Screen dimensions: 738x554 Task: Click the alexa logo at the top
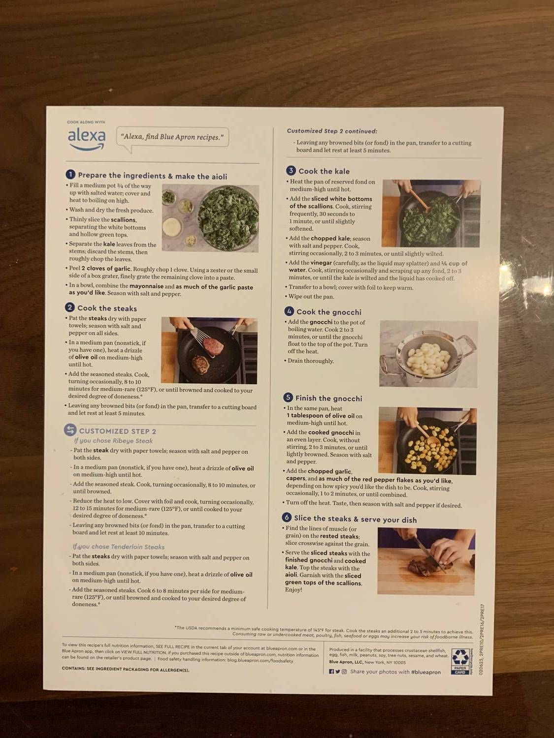(x=86, y=138)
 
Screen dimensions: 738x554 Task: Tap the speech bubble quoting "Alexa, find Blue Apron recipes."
(x=172, y=137)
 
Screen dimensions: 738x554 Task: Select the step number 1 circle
(x=70, y=175)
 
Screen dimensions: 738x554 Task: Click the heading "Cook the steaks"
(x=107, y=308)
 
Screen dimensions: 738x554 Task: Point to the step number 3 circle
(x=291, y=171)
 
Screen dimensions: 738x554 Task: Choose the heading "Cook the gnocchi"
(x=328, y=312)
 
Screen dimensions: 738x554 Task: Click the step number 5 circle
(x=288, y=398)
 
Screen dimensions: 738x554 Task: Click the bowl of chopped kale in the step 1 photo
(x=229, y=217)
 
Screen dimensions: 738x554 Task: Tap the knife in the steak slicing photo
(x=427, y=554)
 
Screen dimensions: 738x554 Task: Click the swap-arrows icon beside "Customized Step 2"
(x=70, y=430)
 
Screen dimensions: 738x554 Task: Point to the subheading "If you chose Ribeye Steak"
(x=113, y=441)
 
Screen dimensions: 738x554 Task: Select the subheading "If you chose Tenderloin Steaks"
(x=118, y=547)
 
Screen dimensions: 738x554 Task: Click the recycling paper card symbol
(x=459, y=661)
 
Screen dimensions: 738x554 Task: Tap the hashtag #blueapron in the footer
(x=426, y=672)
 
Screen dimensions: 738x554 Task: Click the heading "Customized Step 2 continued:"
(x=332, y=131)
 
